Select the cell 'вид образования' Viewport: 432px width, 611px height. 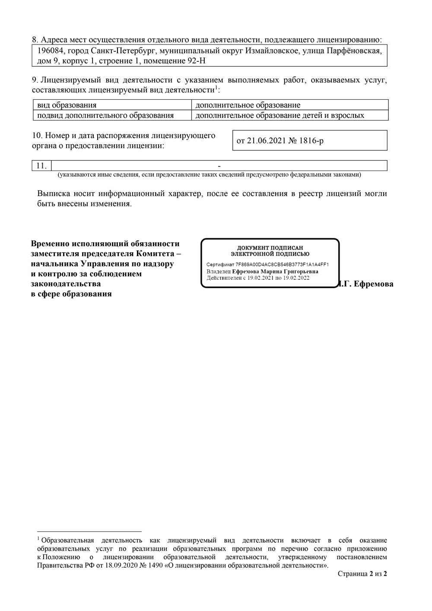[x=67, y=105]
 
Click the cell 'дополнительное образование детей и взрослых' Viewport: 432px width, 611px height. [x=280, y=115]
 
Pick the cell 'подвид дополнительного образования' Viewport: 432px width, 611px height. [x=105, y=115]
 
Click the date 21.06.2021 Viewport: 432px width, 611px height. [x=266, y=141]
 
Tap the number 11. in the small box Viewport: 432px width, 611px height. [x=41, y=166]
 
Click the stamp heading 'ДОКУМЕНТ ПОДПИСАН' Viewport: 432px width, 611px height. [x=270, y=248]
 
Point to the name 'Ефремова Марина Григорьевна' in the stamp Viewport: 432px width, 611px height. [x=275, y=271]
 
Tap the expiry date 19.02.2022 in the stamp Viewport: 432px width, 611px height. [x=296, y=278]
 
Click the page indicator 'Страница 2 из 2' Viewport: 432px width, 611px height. [x=362, y=574]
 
